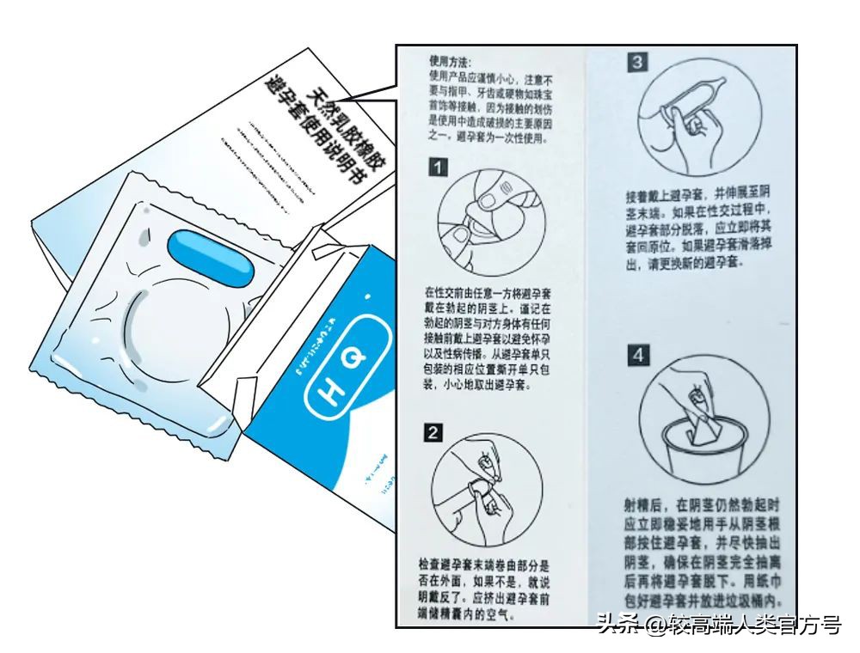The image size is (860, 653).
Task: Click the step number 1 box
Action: (x=438, y=168)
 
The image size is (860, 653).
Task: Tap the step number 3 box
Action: (x=638, y=62)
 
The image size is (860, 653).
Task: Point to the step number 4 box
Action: (x=637, y=354)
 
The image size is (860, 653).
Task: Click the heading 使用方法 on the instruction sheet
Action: (x=451, y=62)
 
